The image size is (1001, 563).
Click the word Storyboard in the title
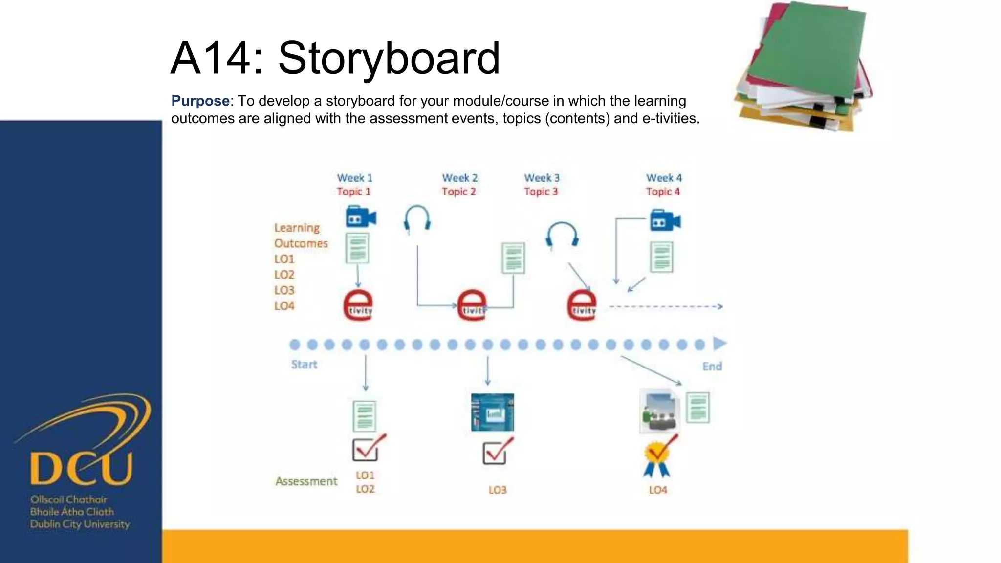(x=389, y=59)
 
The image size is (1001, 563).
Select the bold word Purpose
(x=200, y=101)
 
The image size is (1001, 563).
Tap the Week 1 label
(x=354, y=178)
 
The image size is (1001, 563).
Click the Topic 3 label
(x=541, y=192)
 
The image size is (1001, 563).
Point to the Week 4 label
(x=663, y=178)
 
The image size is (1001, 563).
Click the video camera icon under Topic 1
(x=361, y=217)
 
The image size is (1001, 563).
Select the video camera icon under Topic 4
(x=665, y=220)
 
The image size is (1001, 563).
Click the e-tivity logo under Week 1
(x=358, y=305)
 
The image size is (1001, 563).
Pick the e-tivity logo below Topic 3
(x=581, y=305)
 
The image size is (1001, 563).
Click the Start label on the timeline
(x=304, y=365)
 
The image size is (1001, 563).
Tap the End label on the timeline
(x=712, y=367)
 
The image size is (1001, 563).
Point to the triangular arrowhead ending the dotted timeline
(x=719, y=344)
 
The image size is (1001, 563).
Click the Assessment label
(x=306, y=481)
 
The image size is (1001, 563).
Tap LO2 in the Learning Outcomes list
(x=284, y=275)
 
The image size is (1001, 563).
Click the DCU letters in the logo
(x=81, y=468)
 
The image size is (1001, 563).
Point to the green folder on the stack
(x=806, y=49)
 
